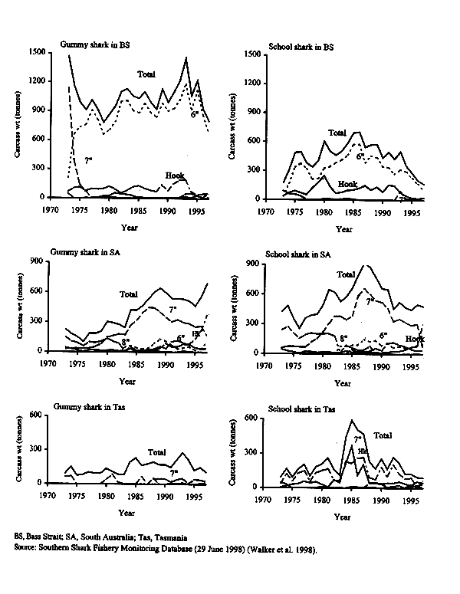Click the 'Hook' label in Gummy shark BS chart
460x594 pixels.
pyautogui.click(x=175, y=176)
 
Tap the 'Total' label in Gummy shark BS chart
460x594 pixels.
pyautogui.click(x=147, y=74)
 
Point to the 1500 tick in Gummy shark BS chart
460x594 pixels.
pyautogui.click(x=34, y=51)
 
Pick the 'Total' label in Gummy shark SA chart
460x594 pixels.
pyautogui.click(x=129, y=294)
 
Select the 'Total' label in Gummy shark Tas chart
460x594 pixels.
pyautogui.click(x=157, y=452)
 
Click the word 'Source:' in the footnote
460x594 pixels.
pyautogui.click(x=27, y=550)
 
